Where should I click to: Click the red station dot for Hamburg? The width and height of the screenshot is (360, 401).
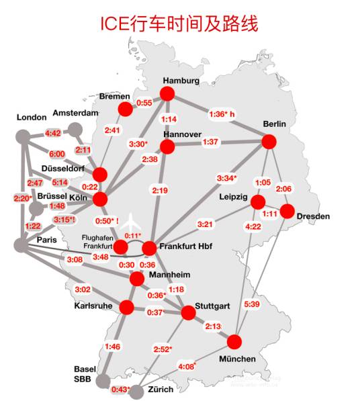(167, 93)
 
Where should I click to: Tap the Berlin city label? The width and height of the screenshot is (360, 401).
(275, 124)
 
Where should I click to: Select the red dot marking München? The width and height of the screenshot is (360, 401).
(235, 341)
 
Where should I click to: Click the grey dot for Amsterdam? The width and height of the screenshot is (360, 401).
(75, 129)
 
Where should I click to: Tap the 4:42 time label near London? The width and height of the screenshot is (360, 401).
(53, 133)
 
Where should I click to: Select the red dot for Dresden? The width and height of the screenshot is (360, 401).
(287, 212)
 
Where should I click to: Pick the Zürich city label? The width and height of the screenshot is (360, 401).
(161, 389)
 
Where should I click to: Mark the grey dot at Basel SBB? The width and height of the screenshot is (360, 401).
(103, 381)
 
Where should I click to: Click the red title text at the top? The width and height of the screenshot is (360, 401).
(179, 24)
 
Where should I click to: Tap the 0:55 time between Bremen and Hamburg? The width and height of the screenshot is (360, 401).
(145, 103)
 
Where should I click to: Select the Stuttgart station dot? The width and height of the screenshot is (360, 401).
(188, 312)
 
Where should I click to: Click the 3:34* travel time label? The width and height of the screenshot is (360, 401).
(226, 178)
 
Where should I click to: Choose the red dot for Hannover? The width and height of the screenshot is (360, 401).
(167, 148)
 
